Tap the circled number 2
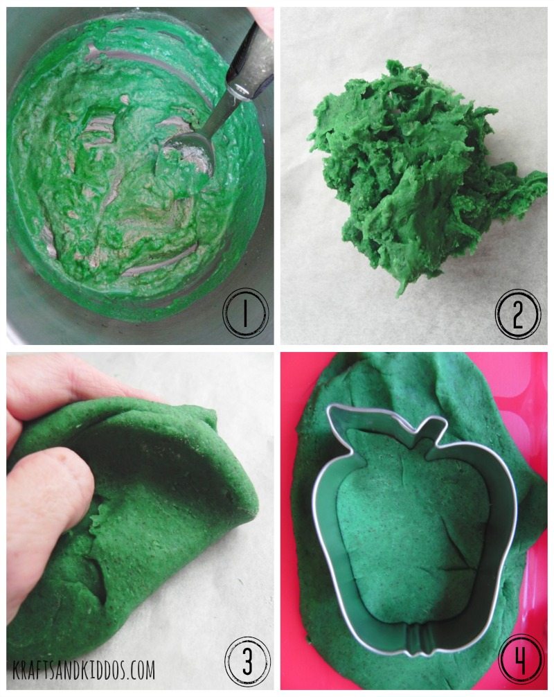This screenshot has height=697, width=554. [518, 314]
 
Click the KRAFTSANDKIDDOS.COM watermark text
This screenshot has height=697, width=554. [83, 670]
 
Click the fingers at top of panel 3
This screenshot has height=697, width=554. [55, 388]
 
